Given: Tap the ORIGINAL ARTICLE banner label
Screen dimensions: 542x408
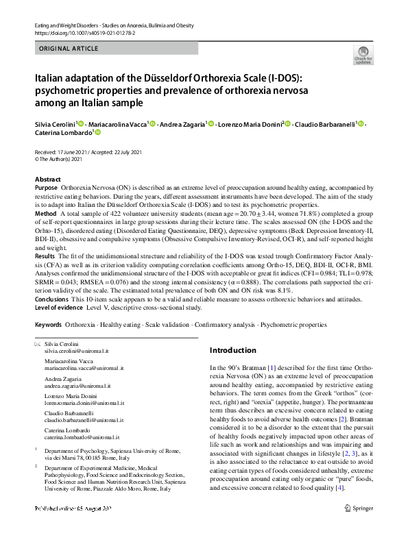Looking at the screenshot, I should [69, 50].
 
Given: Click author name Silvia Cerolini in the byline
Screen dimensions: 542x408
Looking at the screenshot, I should [57, 124].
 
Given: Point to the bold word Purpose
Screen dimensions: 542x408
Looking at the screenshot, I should [46, 187].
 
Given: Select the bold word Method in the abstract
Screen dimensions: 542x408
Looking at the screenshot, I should [45, 214].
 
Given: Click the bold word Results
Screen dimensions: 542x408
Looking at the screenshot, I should [45, 256].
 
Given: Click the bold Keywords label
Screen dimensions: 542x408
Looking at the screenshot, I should [49, 324].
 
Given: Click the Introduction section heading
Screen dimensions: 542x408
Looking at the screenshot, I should [237, 350].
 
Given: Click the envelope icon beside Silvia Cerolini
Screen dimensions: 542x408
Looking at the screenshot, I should [37, 343].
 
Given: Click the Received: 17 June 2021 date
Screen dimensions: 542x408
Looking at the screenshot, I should [63, 151].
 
